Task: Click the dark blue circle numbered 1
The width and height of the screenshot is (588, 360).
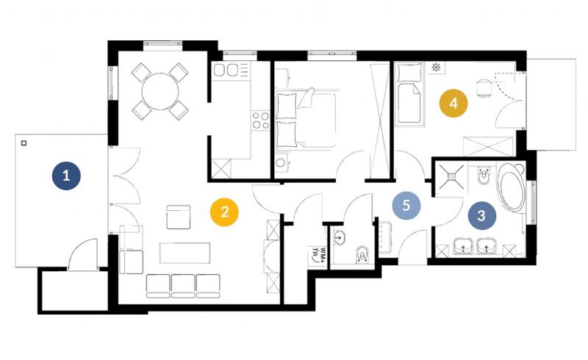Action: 66,176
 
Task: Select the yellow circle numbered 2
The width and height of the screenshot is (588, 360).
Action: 225,212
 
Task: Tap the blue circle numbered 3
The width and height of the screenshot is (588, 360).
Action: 481,215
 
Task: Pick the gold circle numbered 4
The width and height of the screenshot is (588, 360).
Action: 453,103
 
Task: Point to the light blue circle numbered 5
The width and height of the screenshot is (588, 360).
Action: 406,206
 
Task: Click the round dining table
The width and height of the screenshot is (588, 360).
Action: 160,91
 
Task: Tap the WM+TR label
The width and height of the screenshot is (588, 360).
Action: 318,255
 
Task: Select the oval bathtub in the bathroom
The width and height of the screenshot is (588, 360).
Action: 512,187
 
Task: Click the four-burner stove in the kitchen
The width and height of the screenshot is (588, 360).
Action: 260,120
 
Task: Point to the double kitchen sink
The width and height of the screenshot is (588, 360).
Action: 226,70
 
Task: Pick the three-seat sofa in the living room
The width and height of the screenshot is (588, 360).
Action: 183,286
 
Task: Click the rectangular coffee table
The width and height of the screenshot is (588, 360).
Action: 185,253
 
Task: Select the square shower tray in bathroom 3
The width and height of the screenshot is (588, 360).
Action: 452,176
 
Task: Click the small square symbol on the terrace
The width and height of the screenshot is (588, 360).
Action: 24,143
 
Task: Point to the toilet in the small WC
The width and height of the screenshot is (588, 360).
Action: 362,254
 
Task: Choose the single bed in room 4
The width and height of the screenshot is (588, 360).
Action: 409,94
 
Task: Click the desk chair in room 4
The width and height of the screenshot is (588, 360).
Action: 484,88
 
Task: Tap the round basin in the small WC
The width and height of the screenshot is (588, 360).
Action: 339,237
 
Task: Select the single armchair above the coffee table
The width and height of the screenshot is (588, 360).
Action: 179,217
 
